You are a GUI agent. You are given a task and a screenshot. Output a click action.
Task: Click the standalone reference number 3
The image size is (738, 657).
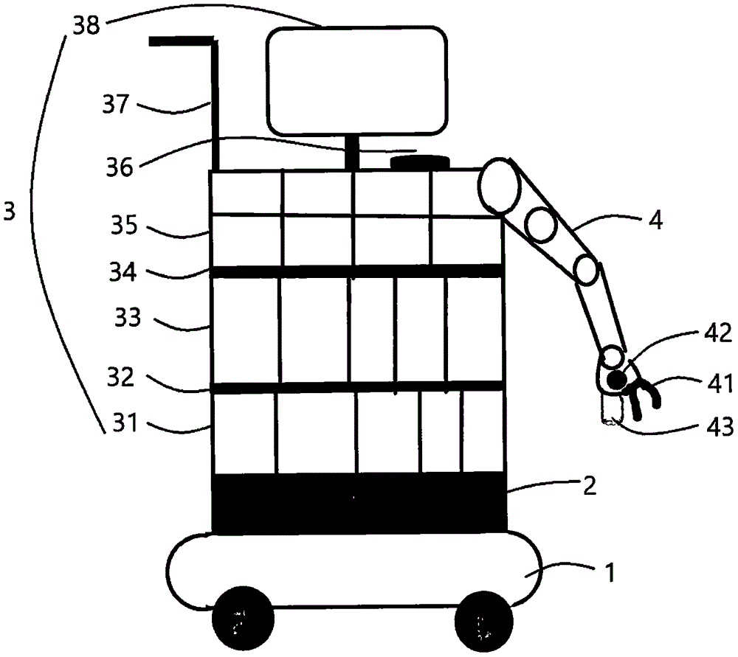coord(10,212)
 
